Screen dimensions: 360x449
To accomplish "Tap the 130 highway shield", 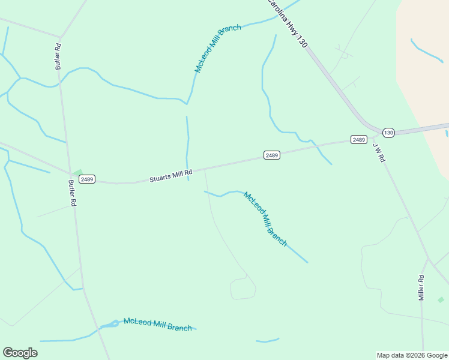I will click(x=388, y=133).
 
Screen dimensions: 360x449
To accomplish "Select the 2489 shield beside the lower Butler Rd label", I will click(x=87, y=179).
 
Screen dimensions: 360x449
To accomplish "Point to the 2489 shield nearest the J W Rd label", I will click(x=358, y=140).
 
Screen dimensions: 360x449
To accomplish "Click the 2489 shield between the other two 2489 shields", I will click(x=271, y=155).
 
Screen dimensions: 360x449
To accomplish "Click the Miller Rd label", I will click(x=421, y=287).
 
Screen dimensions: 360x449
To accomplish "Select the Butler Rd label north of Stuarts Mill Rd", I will click(x=58, y=56).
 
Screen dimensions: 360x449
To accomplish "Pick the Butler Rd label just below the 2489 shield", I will click(x=72, y=193).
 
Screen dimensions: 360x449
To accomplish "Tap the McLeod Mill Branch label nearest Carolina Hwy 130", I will click(x=217, y=49).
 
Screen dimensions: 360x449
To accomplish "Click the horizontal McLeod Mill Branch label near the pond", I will click(x=157, y=325).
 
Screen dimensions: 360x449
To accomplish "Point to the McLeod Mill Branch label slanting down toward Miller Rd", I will click(x=265, y=218).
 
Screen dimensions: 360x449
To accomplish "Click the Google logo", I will click(x=20, y=353).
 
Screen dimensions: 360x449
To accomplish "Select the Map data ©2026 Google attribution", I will click(x=412, y=355).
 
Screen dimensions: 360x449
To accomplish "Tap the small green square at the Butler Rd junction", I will click(x=77, y=172).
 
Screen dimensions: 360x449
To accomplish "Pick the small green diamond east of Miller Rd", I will click(x=441, y=299).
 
